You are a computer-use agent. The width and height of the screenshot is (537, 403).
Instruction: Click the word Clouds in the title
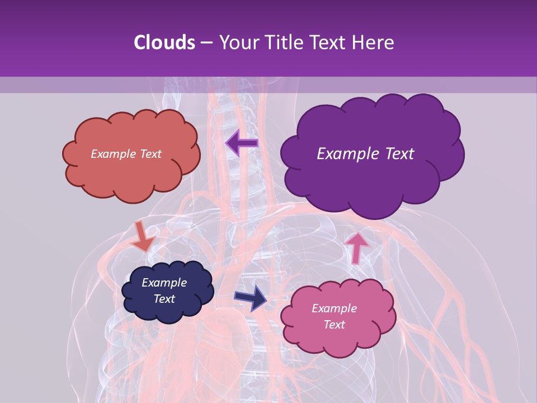164,43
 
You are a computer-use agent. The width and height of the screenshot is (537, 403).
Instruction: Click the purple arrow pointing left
242,143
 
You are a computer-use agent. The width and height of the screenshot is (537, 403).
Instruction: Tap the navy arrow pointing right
251,297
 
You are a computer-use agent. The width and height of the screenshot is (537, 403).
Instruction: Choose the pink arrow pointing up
356,246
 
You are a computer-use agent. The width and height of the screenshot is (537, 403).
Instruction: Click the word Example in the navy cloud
164,283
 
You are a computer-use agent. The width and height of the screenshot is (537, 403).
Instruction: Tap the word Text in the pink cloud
334,325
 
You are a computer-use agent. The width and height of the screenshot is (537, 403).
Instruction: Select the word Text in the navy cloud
164,299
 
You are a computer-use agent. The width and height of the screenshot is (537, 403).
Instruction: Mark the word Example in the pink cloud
334,308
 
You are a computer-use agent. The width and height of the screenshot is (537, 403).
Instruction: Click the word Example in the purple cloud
346,154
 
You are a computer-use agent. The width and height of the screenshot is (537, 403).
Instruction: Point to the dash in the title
206,43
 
